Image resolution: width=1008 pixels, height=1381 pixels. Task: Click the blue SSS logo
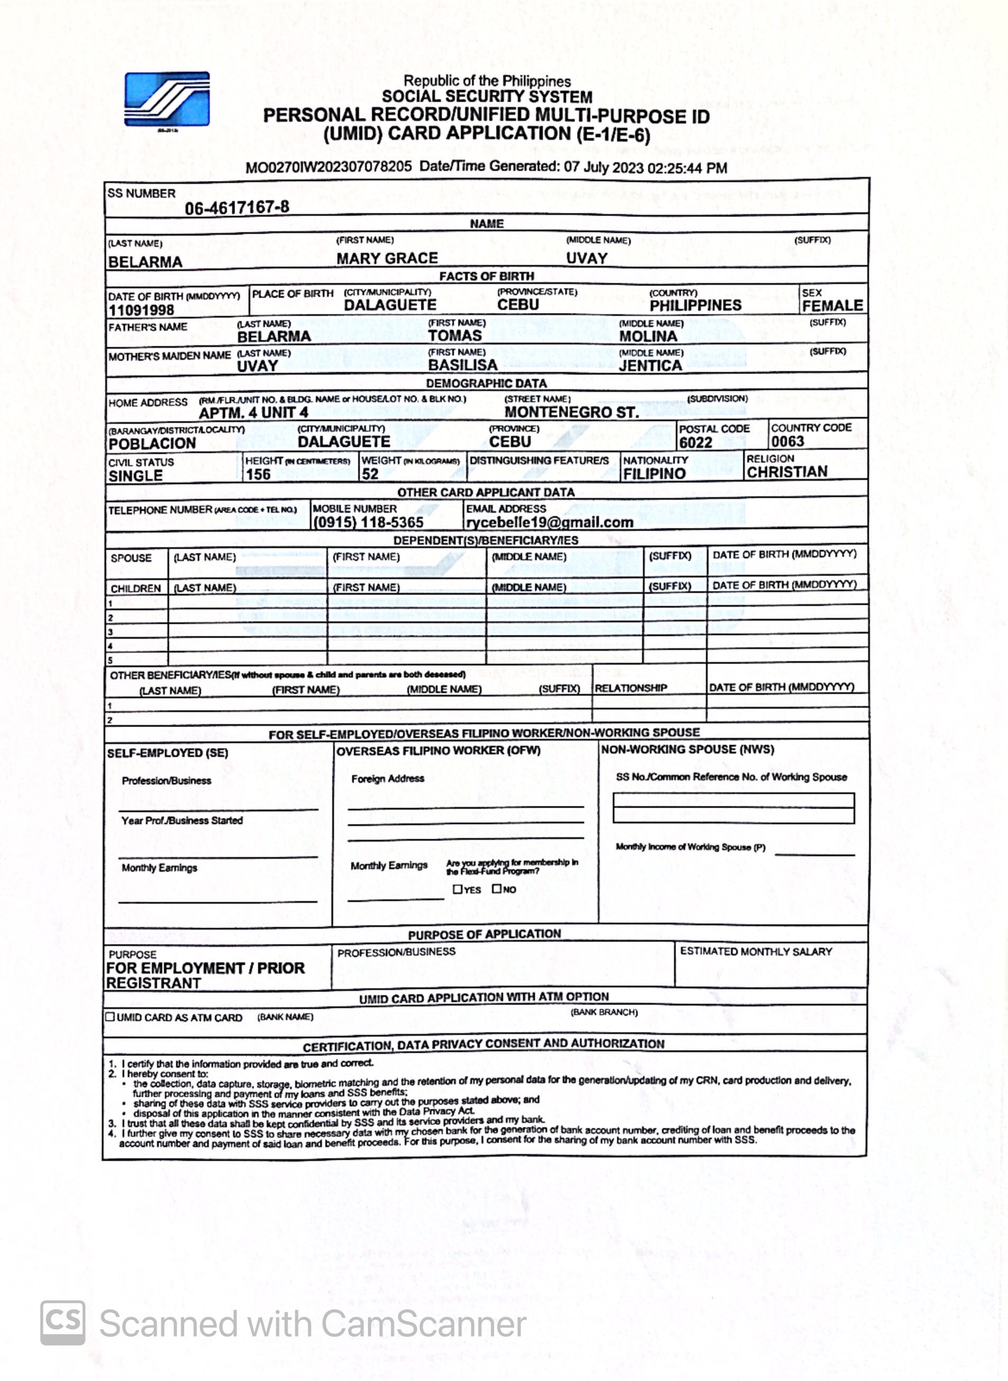point(167,99)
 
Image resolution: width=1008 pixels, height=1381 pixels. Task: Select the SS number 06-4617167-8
point(237,208)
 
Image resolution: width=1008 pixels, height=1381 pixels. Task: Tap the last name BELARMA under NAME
point(145,262)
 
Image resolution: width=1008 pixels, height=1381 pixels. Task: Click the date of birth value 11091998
point(141,310)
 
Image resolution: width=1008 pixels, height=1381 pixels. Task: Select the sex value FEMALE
point(832,305)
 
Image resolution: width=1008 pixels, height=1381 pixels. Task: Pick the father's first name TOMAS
point(455,336)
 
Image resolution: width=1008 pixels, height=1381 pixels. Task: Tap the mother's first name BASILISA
point(463,365)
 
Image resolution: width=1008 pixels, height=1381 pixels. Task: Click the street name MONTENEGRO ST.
point(571,412)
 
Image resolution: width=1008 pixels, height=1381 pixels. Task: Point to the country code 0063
point(787,441)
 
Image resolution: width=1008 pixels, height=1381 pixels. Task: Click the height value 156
point(258,474)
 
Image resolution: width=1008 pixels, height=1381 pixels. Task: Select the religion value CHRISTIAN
point(787,472)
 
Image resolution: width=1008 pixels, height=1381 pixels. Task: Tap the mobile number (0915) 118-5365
point(368,522)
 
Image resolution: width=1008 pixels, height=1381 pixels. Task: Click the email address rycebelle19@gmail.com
point(549,522)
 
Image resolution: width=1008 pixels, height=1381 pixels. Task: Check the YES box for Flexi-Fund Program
point(457,889)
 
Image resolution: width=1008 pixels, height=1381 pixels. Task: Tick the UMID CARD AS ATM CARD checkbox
point(110,1017)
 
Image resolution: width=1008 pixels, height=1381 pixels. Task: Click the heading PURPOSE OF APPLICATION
point(484,934)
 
